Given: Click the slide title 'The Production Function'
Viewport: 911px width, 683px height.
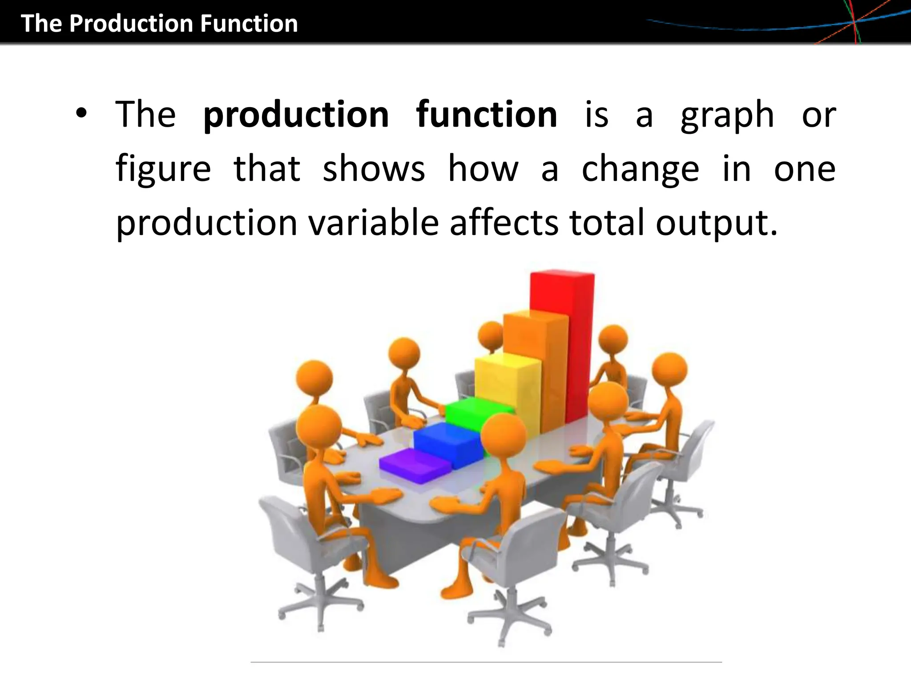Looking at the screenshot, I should [159, 24].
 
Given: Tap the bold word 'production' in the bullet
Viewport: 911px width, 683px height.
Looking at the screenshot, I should [296, 115].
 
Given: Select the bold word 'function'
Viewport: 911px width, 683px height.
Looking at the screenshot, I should [486, 114].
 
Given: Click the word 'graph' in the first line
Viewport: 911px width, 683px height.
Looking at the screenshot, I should [727, 115].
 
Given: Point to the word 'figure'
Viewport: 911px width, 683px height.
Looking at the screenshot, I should [163, 169].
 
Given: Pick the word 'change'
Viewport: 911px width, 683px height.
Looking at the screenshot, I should [640, 169].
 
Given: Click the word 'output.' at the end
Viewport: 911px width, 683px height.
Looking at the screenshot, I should [717, 223].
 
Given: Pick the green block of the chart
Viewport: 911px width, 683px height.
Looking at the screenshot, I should [472, 414].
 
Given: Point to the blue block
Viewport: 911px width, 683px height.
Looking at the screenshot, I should [447, 442].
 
